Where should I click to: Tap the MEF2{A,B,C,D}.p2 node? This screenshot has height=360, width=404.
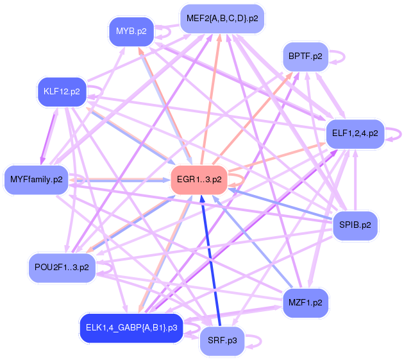point(222,19)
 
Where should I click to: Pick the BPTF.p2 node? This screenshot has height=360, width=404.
point(305,56)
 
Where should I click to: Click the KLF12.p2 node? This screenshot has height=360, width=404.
point(62,91)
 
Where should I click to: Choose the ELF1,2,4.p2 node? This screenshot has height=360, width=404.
point(355,134)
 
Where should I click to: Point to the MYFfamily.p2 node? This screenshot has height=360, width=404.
point(36,179)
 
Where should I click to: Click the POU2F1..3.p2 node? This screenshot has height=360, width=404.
point(62,267)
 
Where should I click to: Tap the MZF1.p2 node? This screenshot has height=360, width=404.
point(305,302)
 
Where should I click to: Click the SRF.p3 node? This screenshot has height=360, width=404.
point(222,341)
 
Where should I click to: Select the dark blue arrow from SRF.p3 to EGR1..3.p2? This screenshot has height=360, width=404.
point(212,263)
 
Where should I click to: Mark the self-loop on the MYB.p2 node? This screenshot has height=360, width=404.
point(164,30)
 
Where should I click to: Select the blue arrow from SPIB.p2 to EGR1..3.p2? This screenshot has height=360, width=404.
point(282,203)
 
